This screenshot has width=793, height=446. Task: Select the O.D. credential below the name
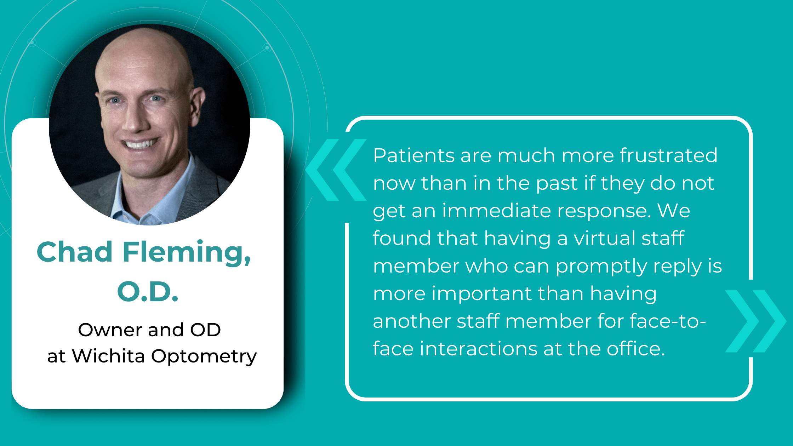pyautogui.click(x=148, y=292)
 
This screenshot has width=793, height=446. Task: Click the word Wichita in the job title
pyautogui.click(x=108, y=356)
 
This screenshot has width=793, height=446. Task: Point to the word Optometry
pyautogui.click(x=204, y=356)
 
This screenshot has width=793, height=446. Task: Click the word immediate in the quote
pyautogui.click(x=497, y=211)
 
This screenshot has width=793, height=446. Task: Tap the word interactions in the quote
pyautogui.click(x=478, y=349)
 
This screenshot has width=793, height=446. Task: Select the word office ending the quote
pyautogui.click(x=635, y=349)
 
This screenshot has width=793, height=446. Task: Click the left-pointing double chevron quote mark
pyautogui.click(x=336, y=170)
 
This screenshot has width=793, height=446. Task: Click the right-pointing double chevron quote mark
pyautogui.click(x=755, y=321)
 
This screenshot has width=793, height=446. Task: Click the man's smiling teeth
pyautogui.click(x=141, y=144)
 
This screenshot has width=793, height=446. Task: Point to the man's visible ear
pyautogui.click(x=197, y=106)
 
